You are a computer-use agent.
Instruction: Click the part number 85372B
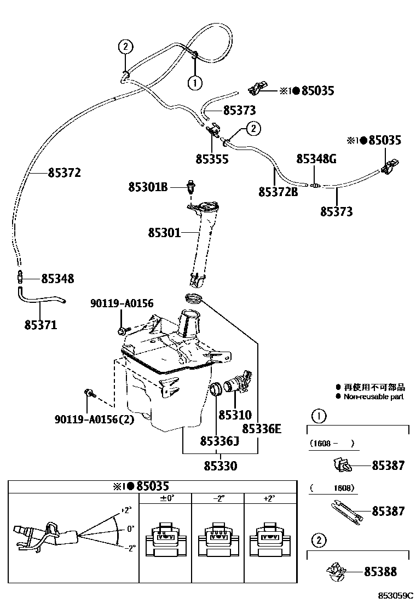pos(278,192)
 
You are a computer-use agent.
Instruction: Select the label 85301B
pos(148,187)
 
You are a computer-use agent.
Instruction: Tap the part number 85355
pos(212,159)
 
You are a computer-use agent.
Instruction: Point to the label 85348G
pos(316,159)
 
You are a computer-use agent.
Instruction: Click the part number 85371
pos(41,325)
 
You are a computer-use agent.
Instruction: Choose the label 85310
pos(235,415)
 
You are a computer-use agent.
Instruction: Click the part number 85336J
pos(219,441)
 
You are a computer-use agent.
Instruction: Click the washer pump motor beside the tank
pos(240,381)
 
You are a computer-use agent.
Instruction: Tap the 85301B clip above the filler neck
pos(192,186)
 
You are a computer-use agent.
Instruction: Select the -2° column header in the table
pos(217,498)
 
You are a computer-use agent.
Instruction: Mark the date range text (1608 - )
pos(332,444)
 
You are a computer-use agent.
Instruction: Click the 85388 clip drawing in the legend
pos(335,572)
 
